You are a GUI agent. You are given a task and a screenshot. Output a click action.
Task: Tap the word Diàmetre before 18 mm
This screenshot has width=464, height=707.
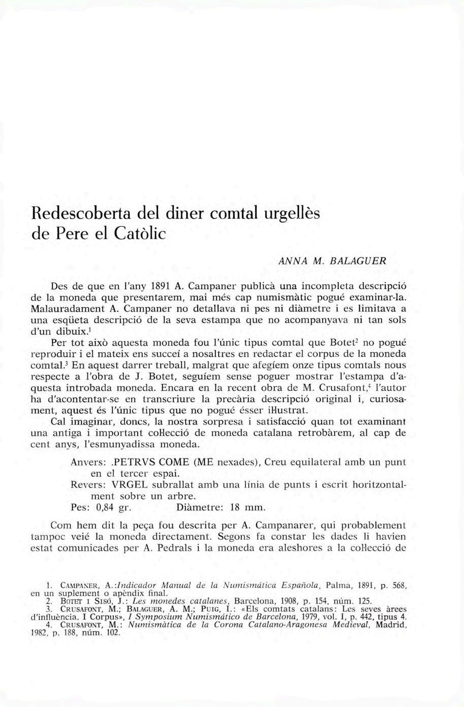pos(197,508)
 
